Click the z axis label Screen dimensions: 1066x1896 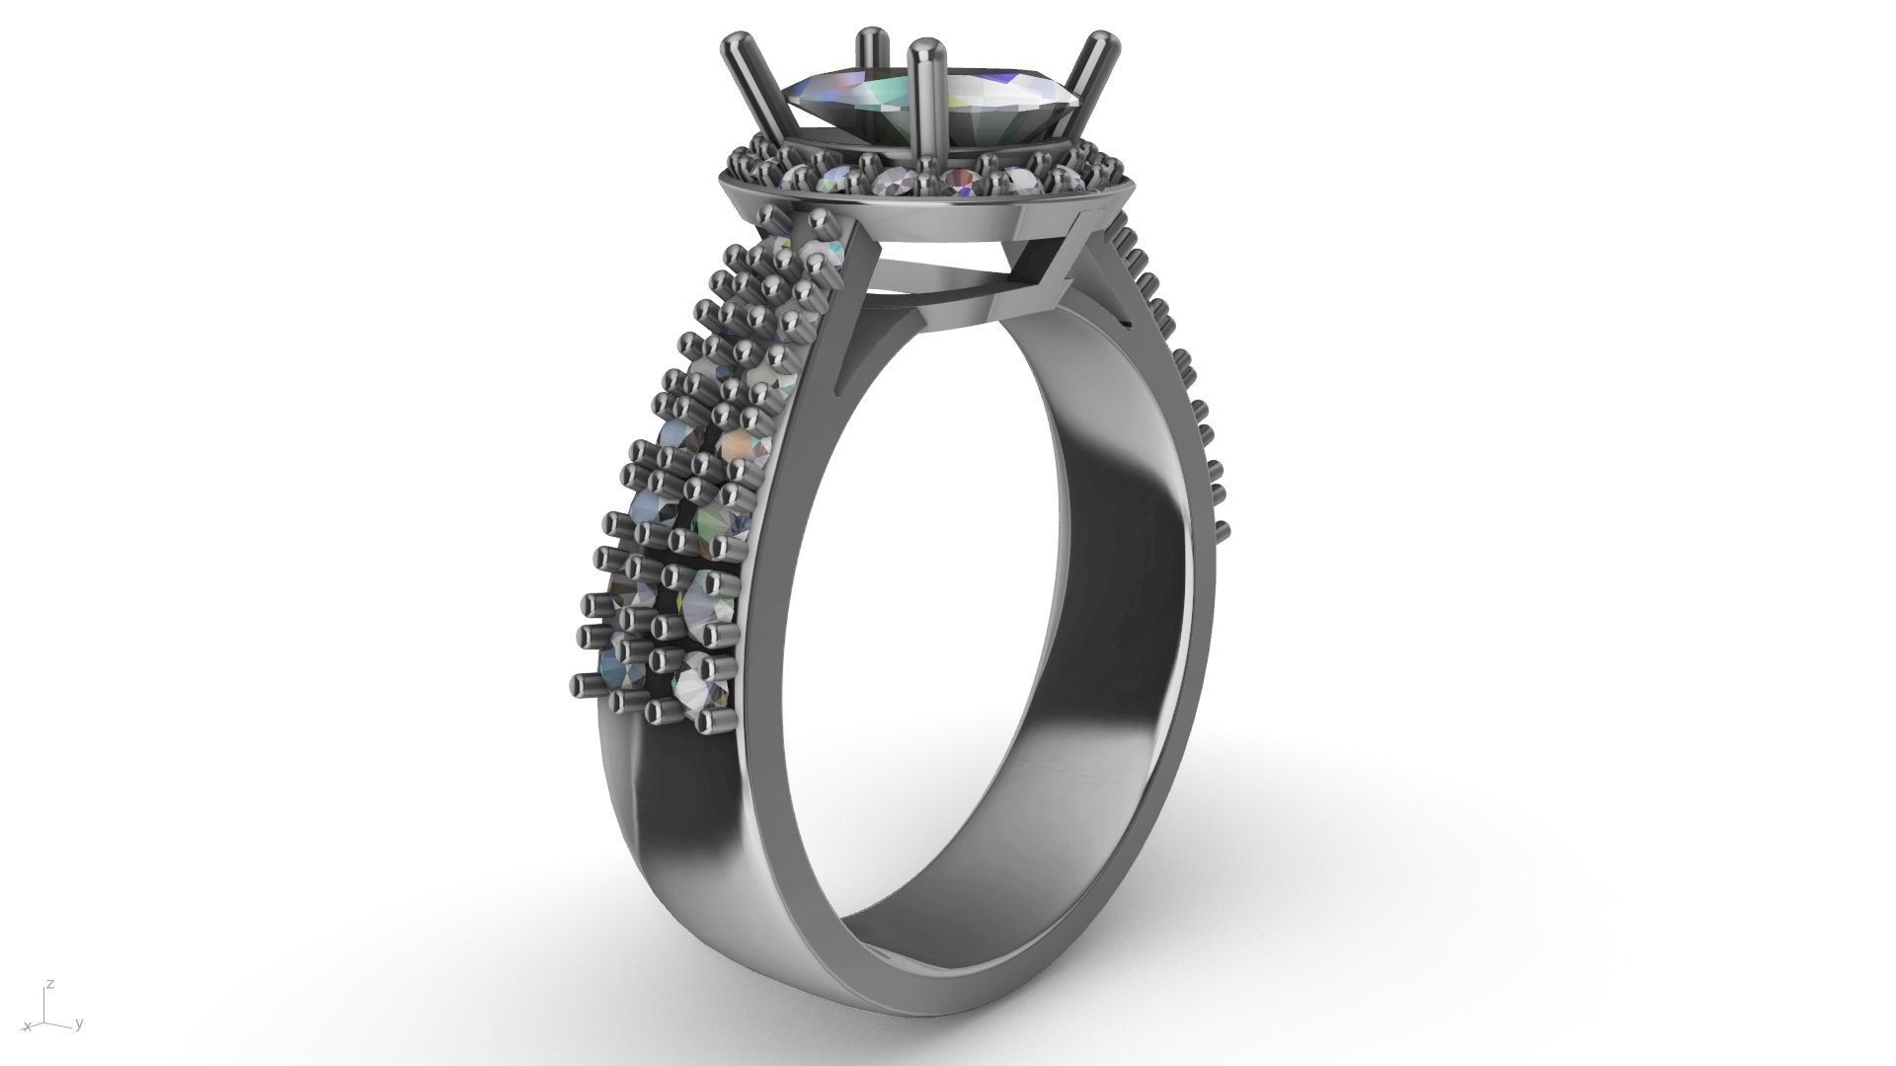tap(50, 985)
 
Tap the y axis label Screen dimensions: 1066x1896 tap(79, 1024)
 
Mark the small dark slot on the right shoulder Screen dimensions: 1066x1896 tap(1124, 321)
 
